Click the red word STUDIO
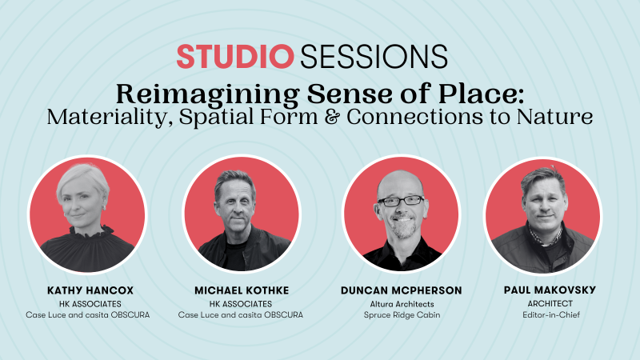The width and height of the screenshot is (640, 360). pyautogui.click(x=235, y=56)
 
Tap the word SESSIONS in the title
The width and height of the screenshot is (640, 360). pyautogui.click(x=374, y=56)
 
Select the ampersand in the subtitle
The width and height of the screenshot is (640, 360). pyautogui.click(x=332, y=117)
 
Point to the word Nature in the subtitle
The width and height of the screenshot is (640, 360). pyautogui.click(x=554, y=117)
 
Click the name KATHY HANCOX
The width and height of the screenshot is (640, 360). pyautogui.click(x=90, y=290)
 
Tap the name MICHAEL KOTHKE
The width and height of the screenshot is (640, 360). pyautogui.click(x=242, y=290)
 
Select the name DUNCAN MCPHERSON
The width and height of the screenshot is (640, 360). pyautogui.click(x=402, y=290)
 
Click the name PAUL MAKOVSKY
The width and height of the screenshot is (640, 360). pyautogui.click(x=550, y=290)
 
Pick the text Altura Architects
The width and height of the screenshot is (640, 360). pyautogui.click(x=402, y=304)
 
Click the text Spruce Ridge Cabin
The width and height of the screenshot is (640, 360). pyautogui.click(x=402, y=315)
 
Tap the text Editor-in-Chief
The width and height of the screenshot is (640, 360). pyautogui.click(x=551, y=314)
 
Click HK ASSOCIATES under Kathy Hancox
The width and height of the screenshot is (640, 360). pyautogui.click(x=90, y=304)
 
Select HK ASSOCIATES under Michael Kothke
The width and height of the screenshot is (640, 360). pyautogui.click(x=241, y=304)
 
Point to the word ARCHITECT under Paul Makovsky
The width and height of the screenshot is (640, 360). pyautogui.click(x=550, y=304)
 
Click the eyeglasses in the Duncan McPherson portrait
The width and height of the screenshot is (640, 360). pyautogui.click(x=402, y=201)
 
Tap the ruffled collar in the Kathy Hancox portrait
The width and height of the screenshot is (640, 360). pyautogui.click(x=90, y=231)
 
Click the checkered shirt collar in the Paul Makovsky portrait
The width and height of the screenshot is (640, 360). pyautogui.click(x=545, y=236)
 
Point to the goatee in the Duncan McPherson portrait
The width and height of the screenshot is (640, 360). pyautogui.click(x=404, y=230)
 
